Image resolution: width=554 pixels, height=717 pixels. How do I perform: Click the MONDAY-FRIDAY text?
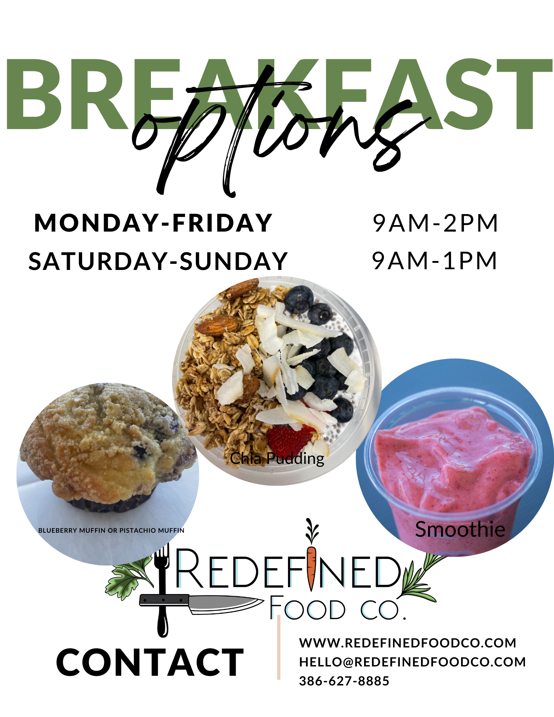click(x=153, y=223)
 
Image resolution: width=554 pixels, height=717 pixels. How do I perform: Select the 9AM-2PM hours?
click(x=435, y=223)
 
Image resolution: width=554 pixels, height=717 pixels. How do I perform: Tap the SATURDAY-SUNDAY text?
click(x=158, y=261)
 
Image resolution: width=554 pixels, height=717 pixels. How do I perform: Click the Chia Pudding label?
click(x=277, y=459)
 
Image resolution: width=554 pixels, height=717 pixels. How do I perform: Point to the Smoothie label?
click(x=460, y=529)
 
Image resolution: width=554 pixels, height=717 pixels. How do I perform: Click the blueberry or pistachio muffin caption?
click(x=111, y=530)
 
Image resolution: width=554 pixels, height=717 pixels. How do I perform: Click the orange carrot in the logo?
click(x=311, y=568)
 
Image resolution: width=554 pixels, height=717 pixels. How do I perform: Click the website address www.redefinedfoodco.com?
click(x=408, y=643)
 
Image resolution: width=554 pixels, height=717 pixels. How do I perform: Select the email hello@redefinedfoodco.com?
click(x=412, y=662)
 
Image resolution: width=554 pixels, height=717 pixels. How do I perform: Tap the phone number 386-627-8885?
click(x=344, y=681)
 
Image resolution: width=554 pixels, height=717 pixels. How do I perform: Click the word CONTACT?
click(x=150, y=663)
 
